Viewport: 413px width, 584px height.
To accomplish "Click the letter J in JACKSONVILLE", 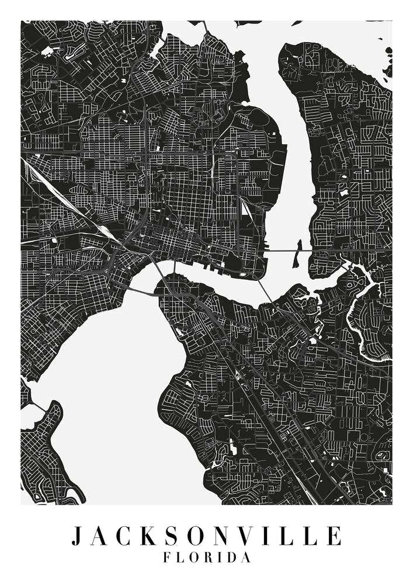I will (x=77, y=536).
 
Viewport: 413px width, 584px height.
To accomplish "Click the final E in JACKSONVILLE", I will (x=334, y=536).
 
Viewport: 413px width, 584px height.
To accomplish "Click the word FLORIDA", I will (x=207, y=558).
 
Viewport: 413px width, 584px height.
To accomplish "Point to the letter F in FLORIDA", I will (x=168, y=558).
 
